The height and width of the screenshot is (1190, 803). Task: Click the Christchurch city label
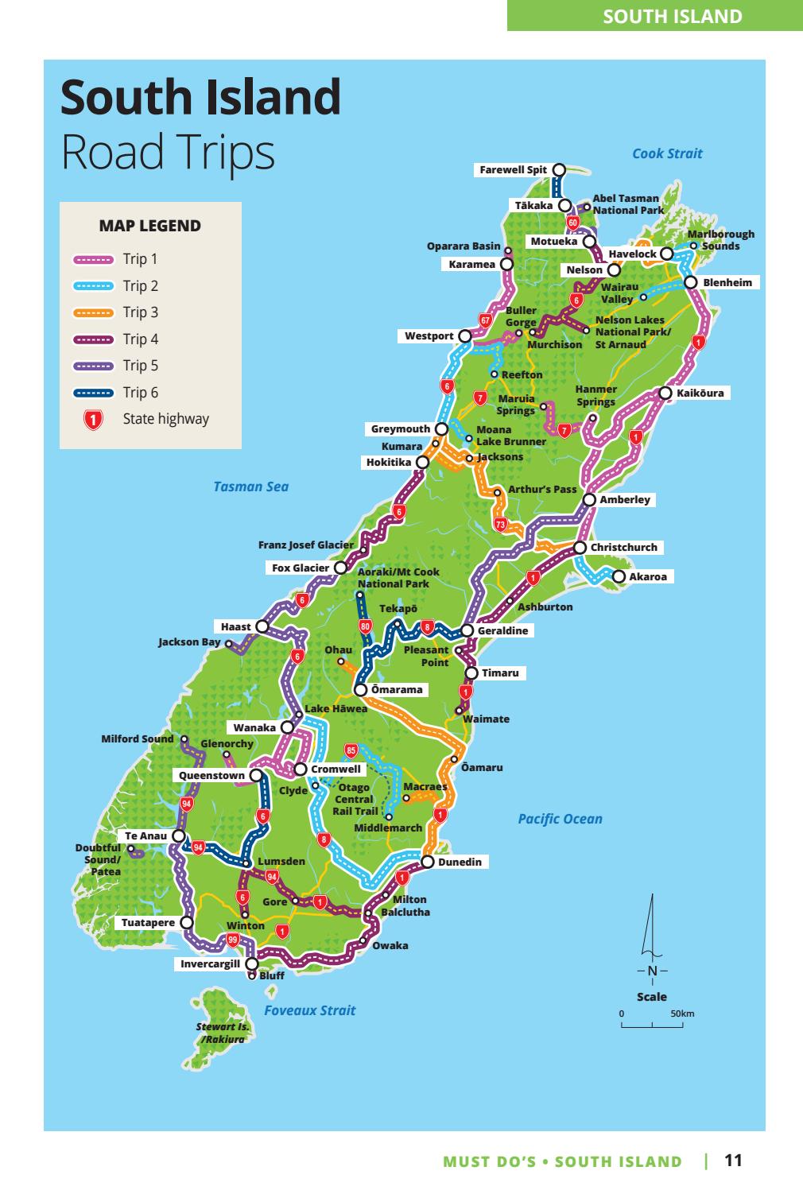623,547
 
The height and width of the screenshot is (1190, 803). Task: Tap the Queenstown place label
211,775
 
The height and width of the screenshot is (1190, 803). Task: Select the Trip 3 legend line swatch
95,312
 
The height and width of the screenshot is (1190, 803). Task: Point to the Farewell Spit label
513,169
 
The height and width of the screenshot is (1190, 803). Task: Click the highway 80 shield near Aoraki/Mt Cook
365,626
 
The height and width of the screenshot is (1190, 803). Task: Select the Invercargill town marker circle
251,963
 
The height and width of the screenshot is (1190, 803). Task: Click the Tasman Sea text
250,486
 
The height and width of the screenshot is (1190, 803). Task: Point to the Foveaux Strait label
309,1010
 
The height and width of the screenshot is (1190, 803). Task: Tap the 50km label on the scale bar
682,1014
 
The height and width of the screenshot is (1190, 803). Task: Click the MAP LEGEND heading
149,226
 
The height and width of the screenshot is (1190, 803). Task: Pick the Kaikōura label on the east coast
700,393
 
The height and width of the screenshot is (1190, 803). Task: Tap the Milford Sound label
137,738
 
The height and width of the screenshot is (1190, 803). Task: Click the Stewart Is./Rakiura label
223,1033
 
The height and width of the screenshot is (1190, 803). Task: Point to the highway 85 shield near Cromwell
351,750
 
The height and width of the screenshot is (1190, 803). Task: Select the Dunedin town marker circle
427,862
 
